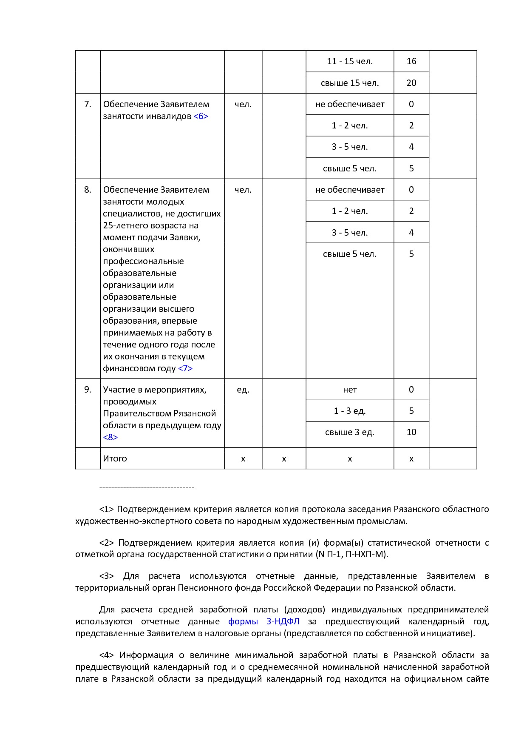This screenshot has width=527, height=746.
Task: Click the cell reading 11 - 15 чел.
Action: pyautogui.click(x=350, y=61)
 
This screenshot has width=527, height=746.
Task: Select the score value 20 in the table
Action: pyautogui.click(x=411, y=83)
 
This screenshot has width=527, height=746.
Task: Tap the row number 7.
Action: pyautogui.click(x=88, y=104)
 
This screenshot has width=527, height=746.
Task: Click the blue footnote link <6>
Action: pyautogui.click(x=201, y=116)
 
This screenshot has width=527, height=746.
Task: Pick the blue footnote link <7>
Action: pyautogui.click(x=185, y=368)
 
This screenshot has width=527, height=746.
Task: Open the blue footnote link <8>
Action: pyautogui.click(x=110, y=437)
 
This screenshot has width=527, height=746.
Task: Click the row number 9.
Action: pyautogui.click(x=88, y=390)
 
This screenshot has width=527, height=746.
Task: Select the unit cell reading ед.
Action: pyautogui.click(x=243, y=390)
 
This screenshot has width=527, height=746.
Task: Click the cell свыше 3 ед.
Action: pyautogui.click(x=349, y=432)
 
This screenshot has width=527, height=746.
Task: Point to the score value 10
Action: pyautogui.click(x=411, y=432)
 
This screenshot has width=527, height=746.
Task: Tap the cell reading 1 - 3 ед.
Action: pyautogui.click(x=349, y=411)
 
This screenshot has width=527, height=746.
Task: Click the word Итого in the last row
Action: pyautogui.click(x=115, y=458)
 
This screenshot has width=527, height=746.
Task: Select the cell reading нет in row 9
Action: pyautogui.click(x=350, y=390)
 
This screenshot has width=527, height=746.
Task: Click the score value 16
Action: pyautogui.click(x=411, y=61)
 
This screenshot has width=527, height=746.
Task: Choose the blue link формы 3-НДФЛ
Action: pyautogui.click(x=263, y=621)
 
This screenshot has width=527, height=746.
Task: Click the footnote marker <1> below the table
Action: pyautogui.click(x=106, y=509)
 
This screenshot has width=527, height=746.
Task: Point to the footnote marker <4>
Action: pyautogui.click(x=106, y=655)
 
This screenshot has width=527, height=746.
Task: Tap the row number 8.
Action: pyautogui.click(x=88, y=190)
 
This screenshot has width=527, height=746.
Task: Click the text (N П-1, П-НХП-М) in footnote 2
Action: pyautogui.click(x=351, y=555)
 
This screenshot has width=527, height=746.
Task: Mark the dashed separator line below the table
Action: pyautogui.click(x=147, y=487)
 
